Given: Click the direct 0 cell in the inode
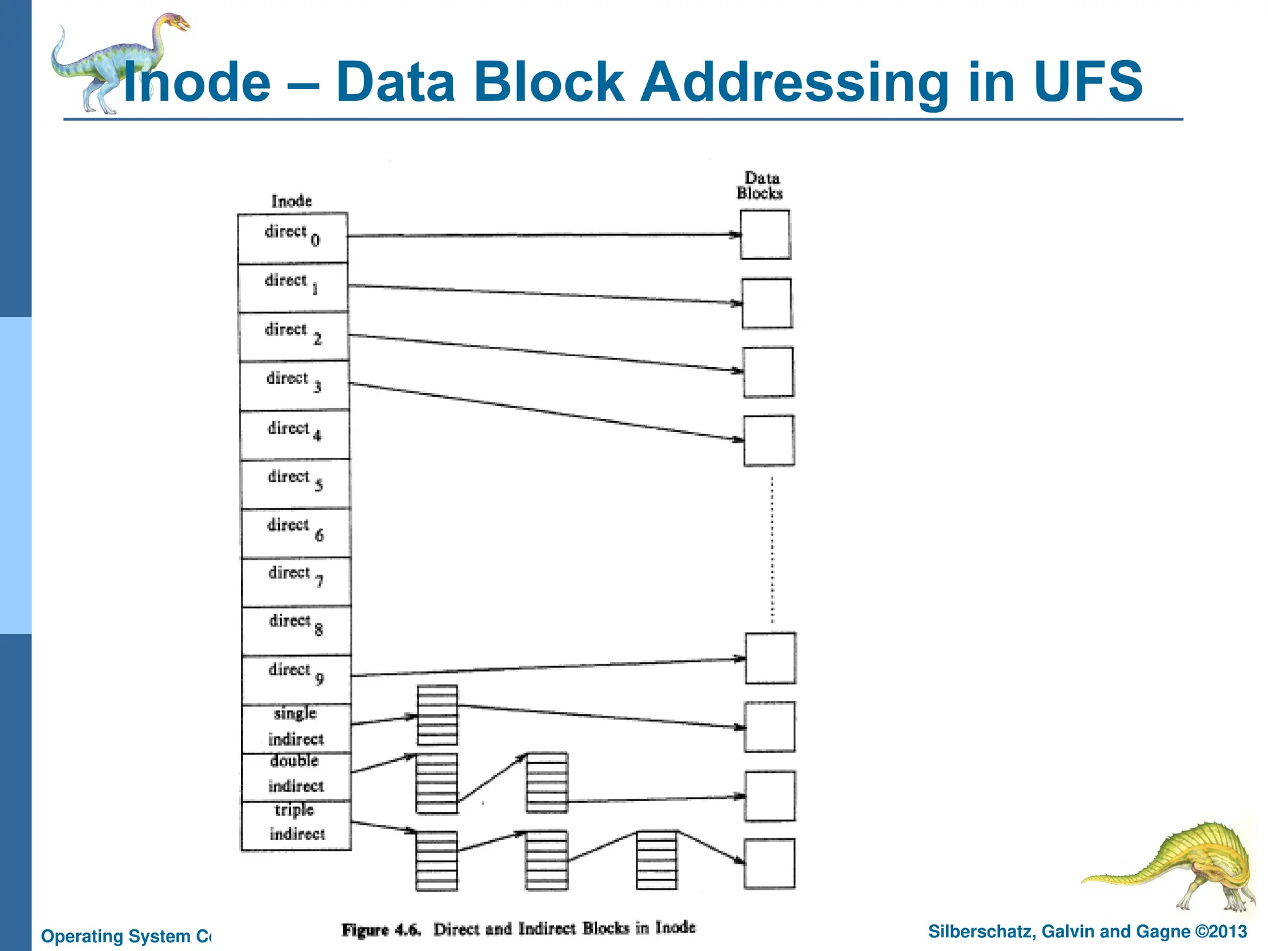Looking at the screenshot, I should point(292,238).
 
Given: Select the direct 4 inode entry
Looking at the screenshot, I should point(295,433).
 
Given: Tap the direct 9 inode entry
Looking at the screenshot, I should point(296,679).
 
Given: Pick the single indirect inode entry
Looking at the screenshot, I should point(296,728).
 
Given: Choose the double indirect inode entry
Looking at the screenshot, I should point(296,776).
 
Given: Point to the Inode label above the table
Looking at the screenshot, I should point(292,201).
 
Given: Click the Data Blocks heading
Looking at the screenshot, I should point(760,186).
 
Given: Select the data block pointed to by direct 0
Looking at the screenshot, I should point(765,235).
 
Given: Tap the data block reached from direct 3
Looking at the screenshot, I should point(769,440).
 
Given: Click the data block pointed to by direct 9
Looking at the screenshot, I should point(770,658).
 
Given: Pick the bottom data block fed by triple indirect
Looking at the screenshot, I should point(770,864).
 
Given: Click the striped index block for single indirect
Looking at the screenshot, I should point(437,715).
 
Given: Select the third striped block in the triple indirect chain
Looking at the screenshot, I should point(657,860).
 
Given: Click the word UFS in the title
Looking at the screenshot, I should point(1087,82).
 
